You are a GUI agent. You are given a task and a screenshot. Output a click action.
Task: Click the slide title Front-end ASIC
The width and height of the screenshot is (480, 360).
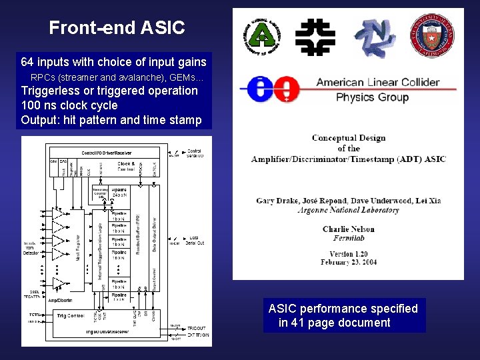tap(117, 28)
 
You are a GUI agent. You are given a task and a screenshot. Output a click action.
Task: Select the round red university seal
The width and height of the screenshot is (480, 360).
tap(431, 35)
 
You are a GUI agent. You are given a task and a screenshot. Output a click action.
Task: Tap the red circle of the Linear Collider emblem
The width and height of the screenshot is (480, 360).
tap(287, 89)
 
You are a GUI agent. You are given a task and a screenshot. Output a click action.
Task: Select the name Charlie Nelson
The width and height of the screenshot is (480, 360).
tap(348, 229)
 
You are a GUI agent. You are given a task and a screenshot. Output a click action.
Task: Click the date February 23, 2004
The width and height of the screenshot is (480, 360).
tap(348, 263)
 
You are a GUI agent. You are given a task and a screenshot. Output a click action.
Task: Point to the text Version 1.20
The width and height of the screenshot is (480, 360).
tap(349, 254)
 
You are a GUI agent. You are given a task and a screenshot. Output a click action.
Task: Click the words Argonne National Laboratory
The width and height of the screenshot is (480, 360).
tap(349, 210)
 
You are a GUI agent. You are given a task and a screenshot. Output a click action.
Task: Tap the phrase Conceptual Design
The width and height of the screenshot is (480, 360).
tap(348, 138)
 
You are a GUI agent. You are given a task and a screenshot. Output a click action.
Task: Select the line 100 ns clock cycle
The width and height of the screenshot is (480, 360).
tap(69, 105)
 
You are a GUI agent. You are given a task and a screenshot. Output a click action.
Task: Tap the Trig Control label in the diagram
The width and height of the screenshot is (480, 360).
tap(70, 315)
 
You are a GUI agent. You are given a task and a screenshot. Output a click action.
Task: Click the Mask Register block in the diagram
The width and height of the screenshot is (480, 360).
tap(79, 247)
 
